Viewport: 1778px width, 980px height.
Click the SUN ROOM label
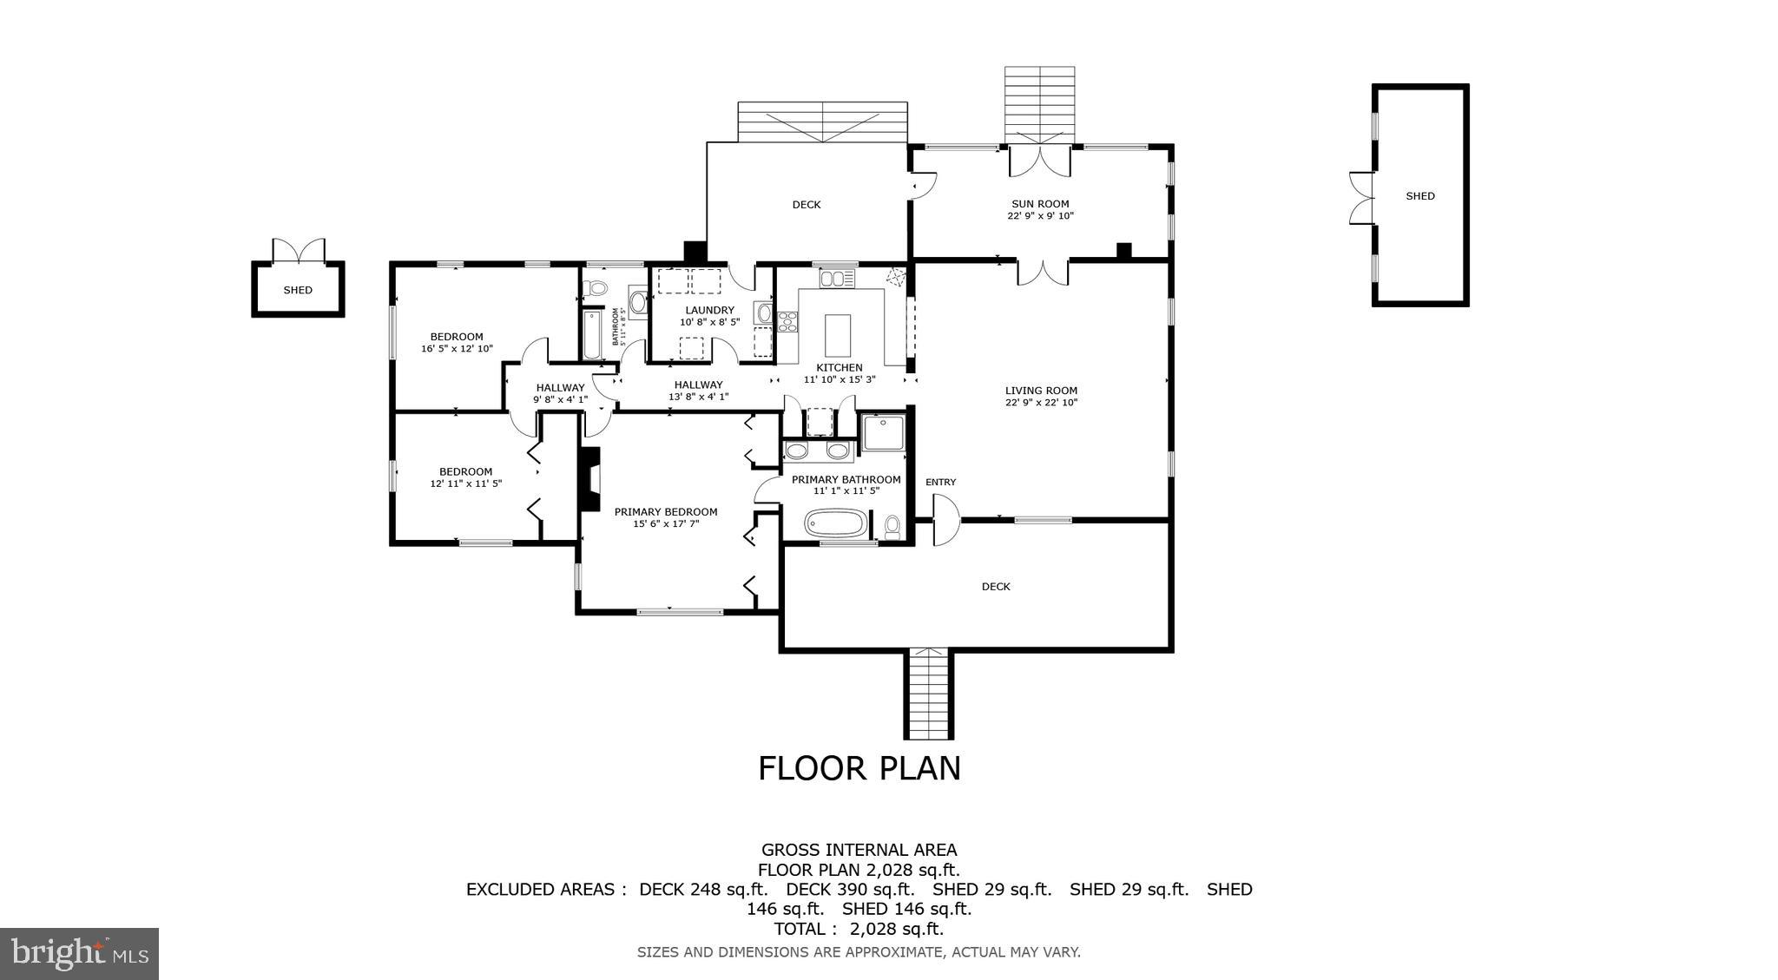[x=1040, y=204]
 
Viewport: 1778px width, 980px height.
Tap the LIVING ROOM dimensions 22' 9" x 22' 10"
[x=1041, y=403]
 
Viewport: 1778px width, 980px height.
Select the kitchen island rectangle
[x=838, y=335]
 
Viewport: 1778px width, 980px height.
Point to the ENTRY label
[x=940, y=483]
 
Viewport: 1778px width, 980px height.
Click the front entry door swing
[x=945, y=520]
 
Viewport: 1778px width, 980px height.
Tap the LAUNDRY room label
[x=709, y=310]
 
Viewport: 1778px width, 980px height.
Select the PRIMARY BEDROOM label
[x=666, y=512]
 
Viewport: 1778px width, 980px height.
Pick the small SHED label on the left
[x=298, y=291]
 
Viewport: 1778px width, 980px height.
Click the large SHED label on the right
[x=1420, y=196]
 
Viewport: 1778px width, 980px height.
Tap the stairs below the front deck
[x=929, y=694]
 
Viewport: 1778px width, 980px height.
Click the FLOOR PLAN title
[x=859, y=769]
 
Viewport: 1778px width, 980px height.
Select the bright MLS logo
[x=79, y=954]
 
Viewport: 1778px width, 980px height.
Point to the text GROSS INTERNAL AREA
[x=859, y=850]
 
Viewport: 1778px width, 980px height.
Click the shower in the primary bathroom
[x=885, y=432]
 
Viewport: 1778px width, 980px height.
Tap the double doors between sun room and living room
[x=1042, y=271]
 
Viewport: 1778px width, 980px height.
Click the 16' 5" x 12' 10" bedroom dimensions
[x=457, y=349]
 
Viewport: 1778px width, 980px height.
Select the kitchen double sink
[x=838, y=279]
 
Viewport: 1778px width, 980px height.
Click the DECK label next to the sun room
[x=806, y=205]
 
